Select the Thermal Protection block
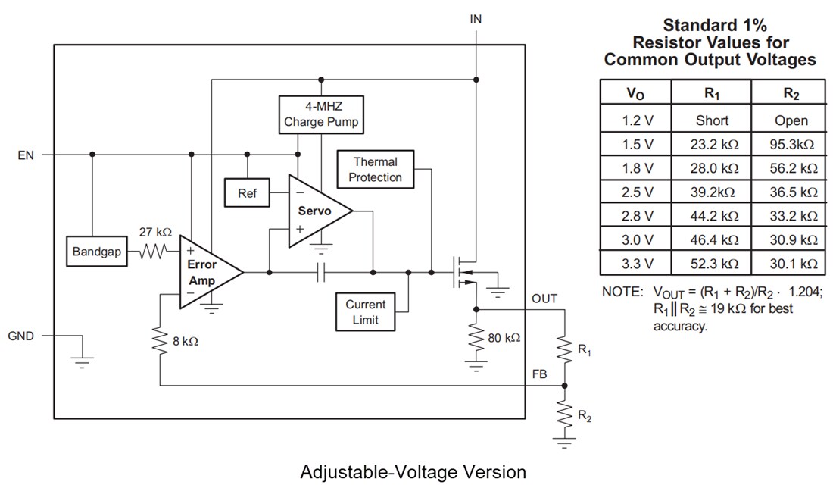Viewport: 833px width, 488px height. coord(376,170)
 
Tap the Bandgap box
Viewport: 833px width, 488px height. coord(96,252)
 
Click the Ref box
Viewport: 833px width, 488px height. coord(248,193)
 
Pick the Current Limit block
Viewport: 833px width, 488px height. coord(365,311)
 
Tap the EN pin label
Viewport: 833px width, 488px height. coord(26,155)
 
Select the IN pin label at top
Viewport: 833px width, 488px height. coord(476,19)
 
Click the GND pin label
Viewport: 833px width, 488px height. coord(20,336)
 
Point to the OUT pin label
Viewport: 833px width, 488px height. coord(544,299)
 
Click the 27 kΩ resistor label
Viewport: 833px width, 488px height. coord(156,231)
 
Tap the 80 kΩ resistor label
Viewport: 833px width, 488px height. coord(504,337)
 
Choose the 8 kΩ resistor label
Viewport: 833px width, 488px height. coord(185,342)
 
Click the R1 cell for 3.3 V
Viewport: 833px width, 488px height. coord(712,264)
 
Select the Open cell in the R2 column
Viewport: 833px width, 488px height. coord(791,120)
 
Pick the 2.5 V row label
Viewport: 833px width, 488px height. coord(636,192)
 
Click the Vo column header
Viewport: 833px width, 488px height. coord(636,94)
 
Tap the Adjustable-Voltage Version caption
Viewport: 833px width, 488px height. coord(413,472)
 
